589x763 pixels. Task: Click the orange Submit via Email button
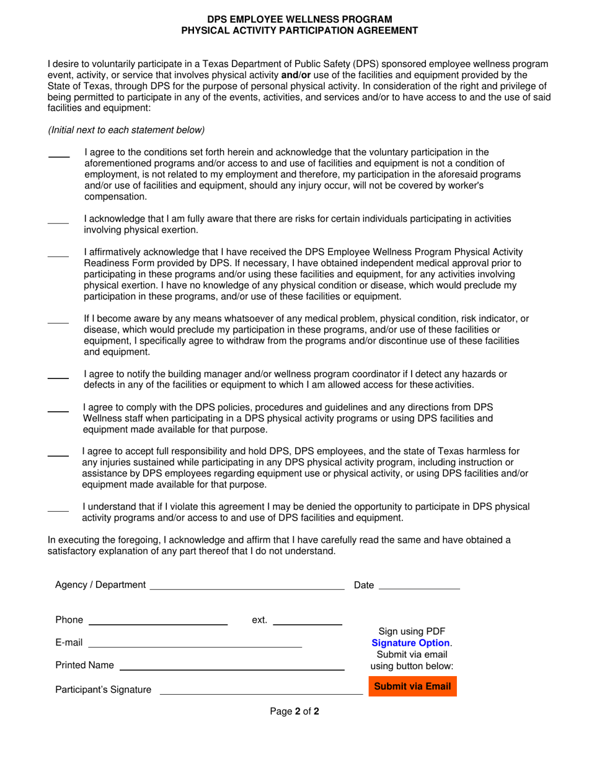(412, 687)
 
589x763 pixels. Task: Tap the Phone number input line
(158, 620)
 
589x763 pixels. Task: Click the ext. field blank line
(308, 620)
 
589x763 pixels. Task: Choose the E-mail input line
(195, 643)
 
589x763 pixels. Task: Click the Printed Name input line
(232, 666)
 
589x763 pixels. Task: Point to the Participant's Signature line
(261, 689)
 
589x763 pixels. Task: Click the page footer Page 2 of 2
(294, 712)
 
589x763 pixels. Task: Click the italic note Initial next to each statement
(126, 130)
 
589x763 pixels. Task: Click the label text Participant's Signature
(103, 690)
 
